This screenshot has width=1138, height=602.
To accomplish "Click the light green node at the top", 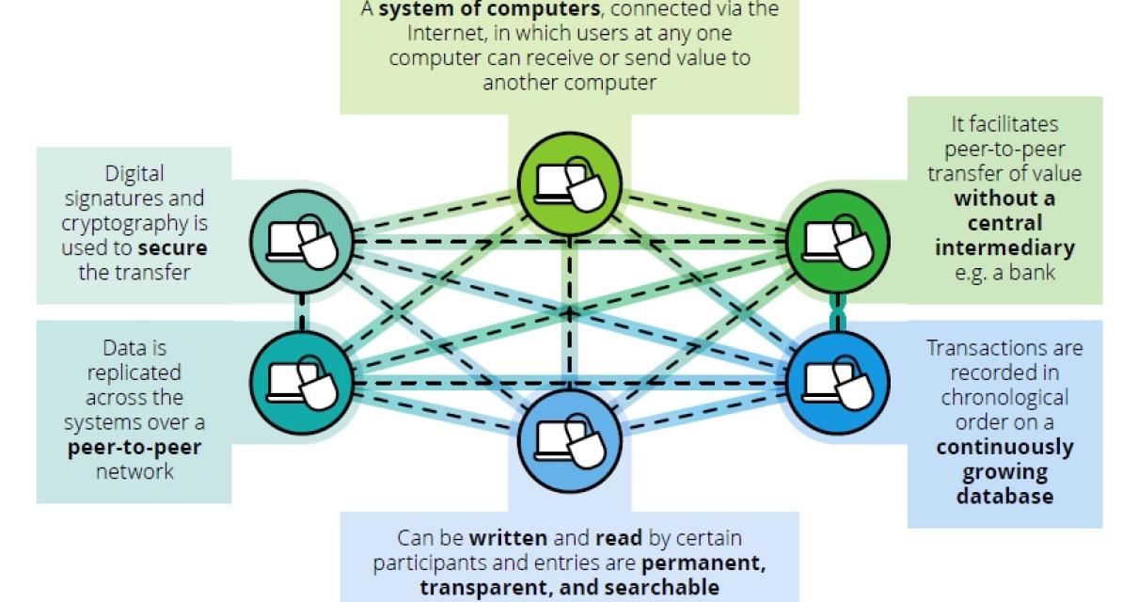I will coord(570,182).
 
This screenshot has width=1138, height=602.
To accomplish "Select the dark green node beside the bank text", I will coord(836,238).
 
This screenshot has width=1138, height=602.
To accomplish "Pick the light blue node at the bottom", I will coord(570,436).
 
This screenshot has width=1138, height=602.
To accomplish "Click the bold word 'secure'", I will coord(171,248).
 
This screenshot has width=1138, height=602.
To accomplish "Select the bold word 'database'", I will coord(1004,495).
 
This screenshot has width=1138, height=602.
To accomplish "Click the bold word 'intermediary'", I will coord(1004,248).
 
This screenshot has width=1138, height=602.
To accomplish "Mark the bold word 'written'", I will coord(508,538).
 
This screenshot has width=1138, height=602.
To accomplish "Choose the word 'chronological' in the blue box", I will coord(1004,396).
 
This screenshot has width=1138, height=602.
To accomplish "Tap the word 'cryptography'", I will coord(134,223).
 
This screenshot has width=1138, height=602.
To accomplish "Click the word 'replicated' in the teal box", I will coord(134,372).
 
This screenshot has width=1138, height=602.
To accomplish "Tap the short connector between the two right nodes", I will coord(836,309).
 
